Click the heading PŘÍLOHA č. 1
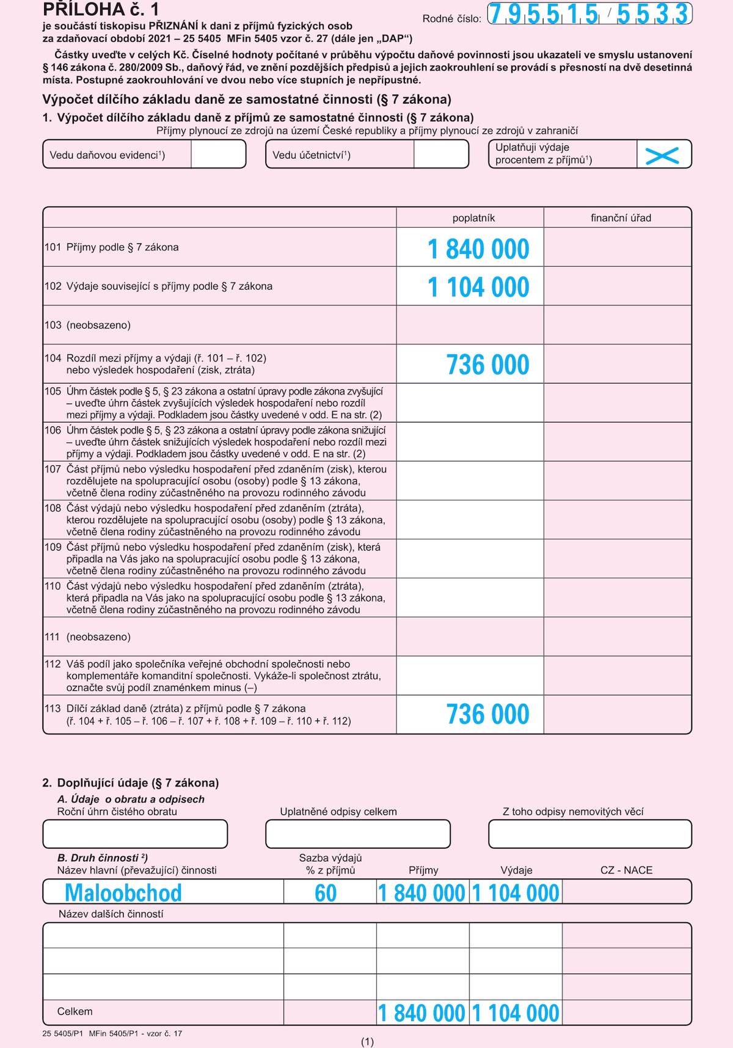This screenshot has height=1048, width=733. tap(101, 9)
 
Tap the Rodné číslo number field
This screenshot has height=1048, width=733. tap(589, 14)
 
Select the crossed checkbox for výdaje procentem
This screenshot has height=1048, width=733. tap(663, 155)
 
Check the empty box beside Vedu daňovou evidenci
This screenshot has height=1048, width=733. tap(218, 155)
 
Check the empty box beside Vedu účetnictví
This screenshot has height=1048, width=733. tap(441, 155)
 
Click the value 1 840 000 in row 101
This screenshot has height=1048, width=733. tap(478, 249)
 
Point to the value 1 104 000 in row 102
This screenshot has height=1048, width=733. tap(478, 288)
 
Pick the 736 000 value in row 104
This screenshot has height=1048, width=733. tap(487, 365)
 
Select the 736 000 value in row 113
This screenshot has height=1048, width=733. tap(487, 715)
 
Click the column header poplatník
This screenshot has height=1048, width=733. tap(473, 218)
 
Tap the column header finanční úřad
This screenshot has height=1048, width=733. tap(621, 218)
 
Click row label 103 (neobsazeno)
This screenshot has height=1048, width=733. tap(87, 325)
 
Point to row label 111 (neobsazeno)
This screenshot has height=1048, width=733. tap(87, 637)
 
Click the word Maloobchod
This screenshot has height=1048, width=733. tap(123, 893)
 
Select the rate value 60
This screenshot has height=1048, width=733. tap(326, 893)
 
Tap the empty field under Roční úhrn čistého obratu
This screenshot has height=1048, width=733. tap(135, 834)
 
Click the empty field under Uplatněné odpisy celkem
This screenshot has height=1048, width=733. tap(358, 834)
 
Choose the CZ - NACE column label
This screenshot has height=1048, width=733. tap(626, 870)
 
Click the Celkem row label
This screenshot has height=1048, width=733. tap(75, 1012)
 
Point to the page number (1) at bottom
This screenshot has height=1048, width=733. tap(367, 1042)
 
